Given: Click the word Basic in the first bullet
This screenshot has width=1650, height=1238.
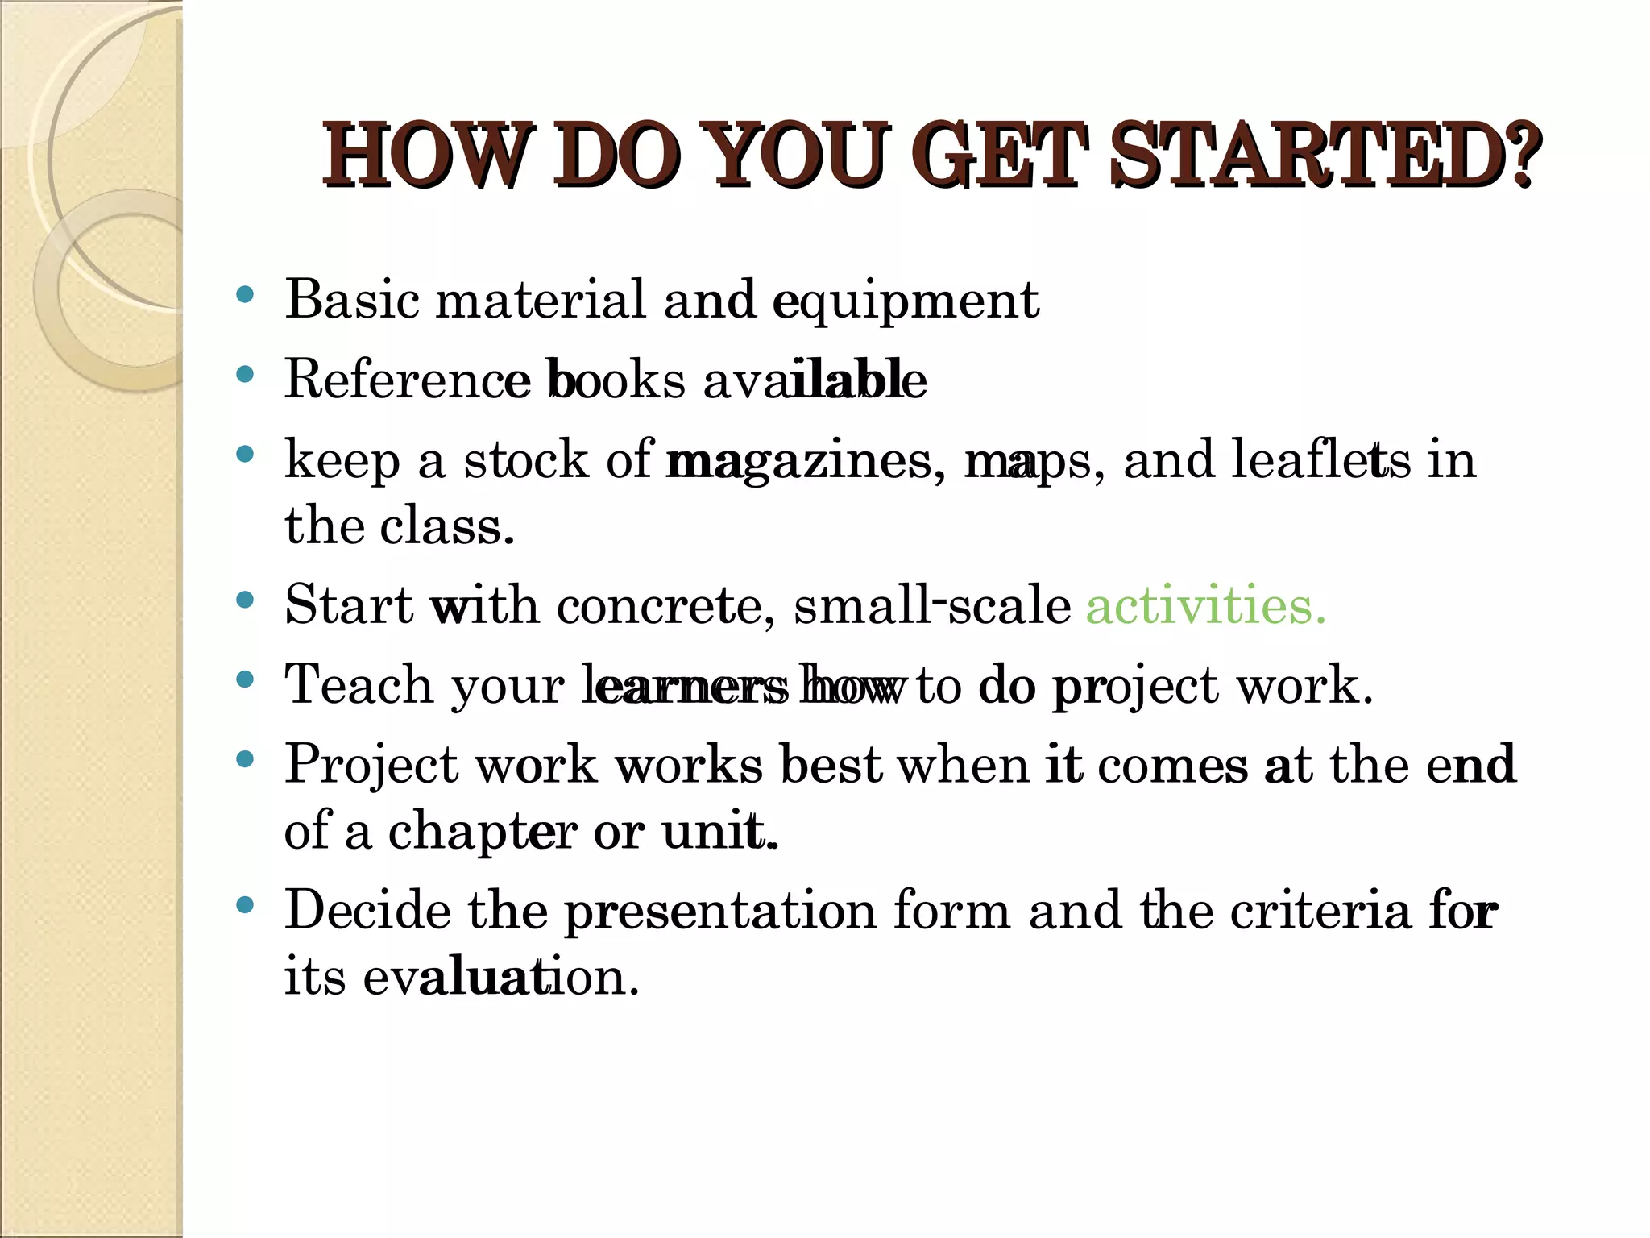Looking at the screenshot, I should click(351, 299).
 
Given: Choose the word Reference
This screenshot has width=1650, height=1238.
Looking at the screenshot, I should click(408, 379).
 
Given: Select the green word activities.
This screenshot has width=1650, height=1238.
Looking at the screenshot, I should click(1205, 605).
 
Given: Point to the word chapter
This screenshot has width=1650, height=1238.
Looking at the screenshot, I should click(482, 832).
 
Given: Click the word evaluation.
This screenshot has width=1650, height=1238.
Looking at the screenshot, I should click(501, 977).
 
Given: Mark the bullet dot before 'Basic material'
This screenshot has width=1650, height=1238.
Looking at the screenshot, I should click(246, 295).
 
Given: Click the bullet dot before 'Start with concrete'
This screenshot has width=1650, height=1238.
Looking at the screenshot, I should click(246, 600).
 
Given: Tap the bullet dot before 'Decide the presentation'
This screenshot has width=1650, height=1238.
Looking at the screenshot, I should click(246, 906).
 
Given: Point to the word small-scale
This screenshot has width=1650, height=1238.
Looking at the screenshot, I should click(932, 605).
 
